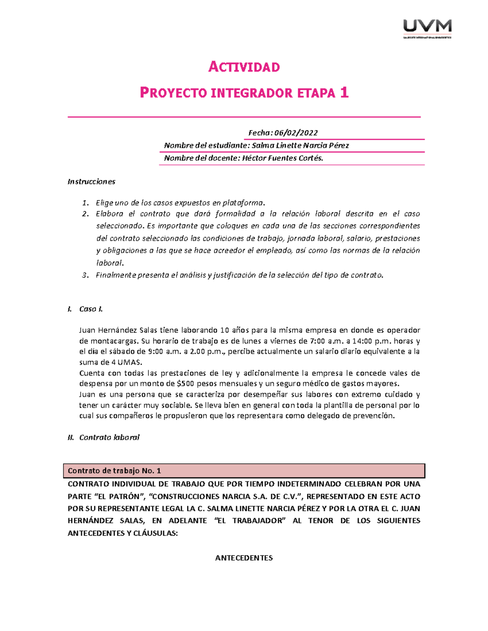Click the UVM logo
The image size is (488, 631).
coord(427,28)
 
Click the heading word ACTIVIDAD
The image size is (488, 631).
coord(244,67)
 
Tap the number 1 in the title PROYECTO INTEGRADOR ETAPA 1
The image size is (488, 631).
coord(344,93)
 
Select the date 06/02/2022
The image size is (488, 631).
coord(296,133)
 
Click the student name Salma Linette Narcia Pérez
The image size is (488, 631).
coord(300,145)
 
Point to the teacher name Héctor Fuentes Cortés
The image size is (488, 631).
coord(283,158)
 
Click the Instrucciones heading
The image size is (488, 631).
coord(91,182)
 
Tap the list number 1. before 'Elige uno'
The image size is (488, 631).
coord(85,203)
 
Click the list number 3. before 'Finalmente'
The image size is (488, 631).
coord(85,275)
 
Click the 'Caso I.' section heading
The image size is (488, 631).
coord(91,309)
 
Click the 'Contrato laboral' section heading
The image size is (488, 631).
coord(109,438)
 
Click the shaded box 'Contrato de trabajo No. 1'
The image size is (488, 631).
coord(244,471)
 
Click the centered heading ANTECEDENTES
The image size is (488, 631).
coord(244,558)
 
